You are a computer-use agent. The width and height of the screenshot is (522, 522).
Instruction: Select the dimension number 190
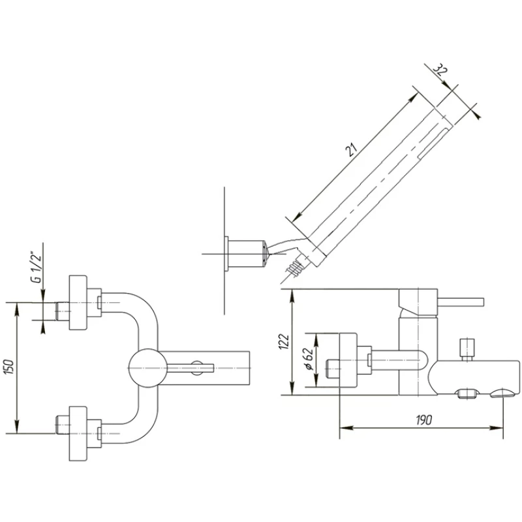coord(424,421)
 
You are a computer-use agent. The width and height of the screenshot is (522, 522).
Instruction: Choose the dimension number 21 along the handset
coord(353,151)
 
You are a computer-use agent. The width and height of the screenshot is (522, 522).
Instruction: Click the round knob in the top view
coord(144,367)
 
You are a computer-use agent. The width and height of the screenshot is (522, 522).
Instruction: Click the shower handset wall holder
coord(245,253)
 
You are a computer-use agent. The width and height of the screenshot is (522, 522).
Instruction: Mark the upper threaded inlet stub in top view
coord(63,311)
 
